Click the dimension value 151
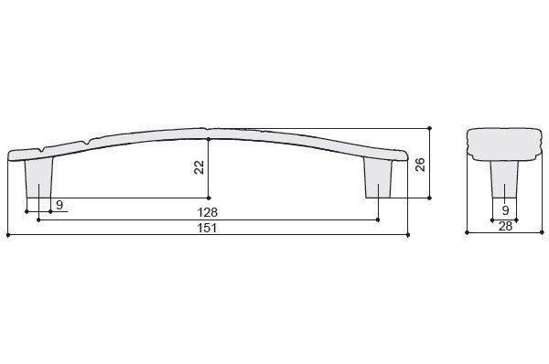[x=208, y=228]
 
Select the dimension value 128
[x=208, y=212]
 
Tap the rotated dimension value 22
[x=199, y=167]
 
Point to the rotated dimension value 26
[x=420, y=165]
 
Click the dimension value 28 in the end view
[x=505, y=226]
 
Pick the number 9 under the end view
[x=505, y=210]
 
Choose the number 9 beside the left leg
[x=59, y=205]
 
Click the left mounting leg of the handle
[x=39, y=177]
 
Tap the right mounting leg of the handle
[x=378, y=177]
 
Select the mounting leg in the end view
[x=504, y=179]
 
